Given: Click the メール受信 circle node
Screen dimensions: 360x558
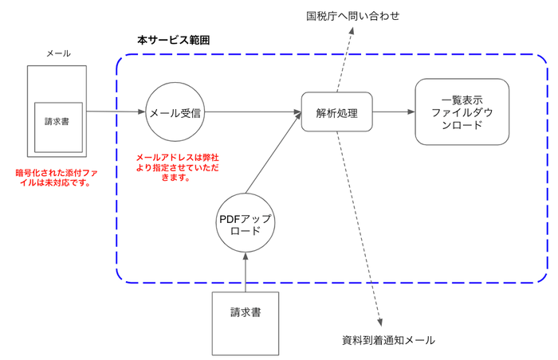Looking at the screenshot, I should coord(175,113).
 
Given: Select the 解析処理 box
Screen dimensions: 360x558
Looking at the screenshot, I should coord(336,113).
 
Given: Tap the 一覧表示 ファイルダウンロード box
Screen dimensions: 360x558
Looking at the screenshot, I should coord(462,112).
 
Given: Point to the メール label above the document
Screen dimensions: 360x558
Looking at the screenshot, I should coord(58,53).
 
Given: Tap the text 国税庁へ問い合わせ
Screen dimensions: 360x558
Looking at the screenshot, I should coord(353,15).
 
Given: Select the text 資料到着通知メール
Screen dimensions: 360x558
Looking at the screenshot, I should coord(383,340).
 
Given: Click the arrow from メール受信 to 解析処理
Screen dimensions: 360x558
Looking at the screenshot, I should coord(253,113).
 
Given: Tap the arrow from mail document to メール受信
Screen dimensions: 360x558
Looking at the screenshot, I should coord(116,112).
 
